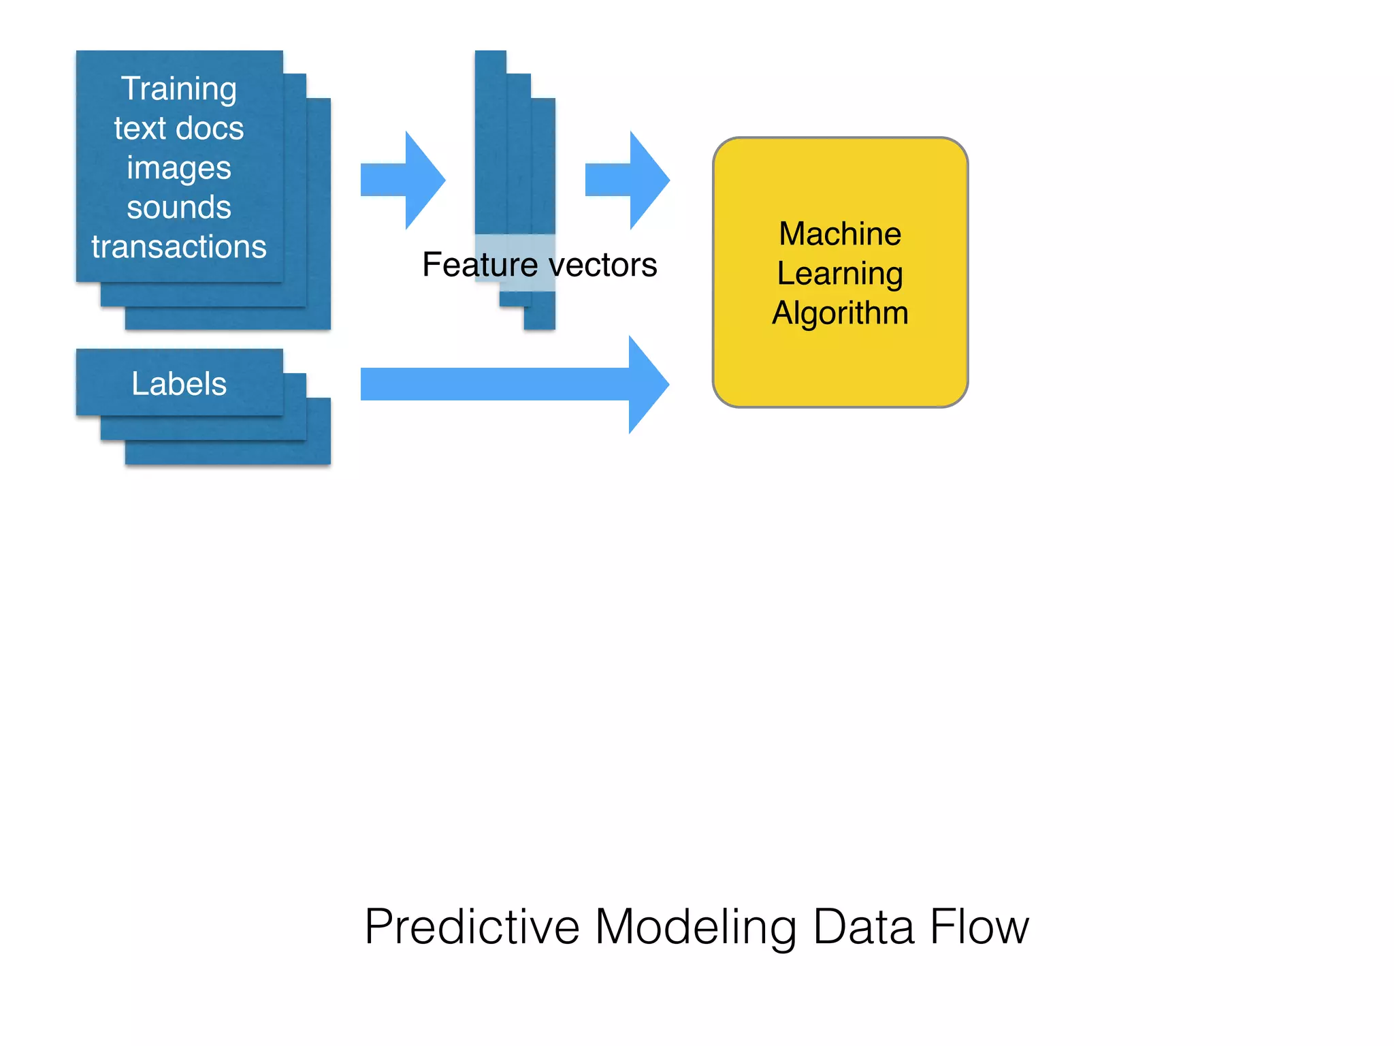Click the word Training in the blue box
[x=178, y=89]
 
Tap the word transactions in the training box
[x=178, y=247]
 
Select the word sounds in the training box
[x=178, y=207]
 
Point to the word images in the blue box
[x=178, y=168]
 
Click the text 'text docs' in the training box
[x=178, y=129]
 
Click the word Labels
[x=178, y=383]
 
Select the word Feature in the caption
[x=479, y=264]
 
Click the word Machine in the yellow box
[x=840, y=234]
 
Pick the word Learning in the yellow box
[x=840, y=273]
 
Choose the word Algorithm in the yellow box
[x=840, y=313]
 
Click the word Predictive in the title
[x=472, y=927]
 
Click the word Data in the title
[x=863, y=927]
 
